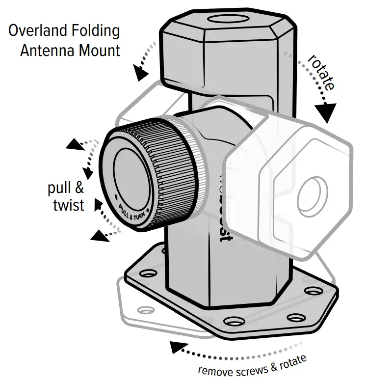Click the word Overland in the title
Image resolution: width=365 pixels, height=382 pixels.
coord(37,32)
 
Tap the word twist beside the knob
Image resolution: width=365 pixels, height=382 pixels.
coord(68,204)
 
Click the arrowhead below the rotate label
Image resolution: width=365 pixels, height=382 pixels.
coord(327,112)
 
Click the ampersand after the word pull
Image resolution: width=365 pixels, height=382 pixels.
coord(78,188)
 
